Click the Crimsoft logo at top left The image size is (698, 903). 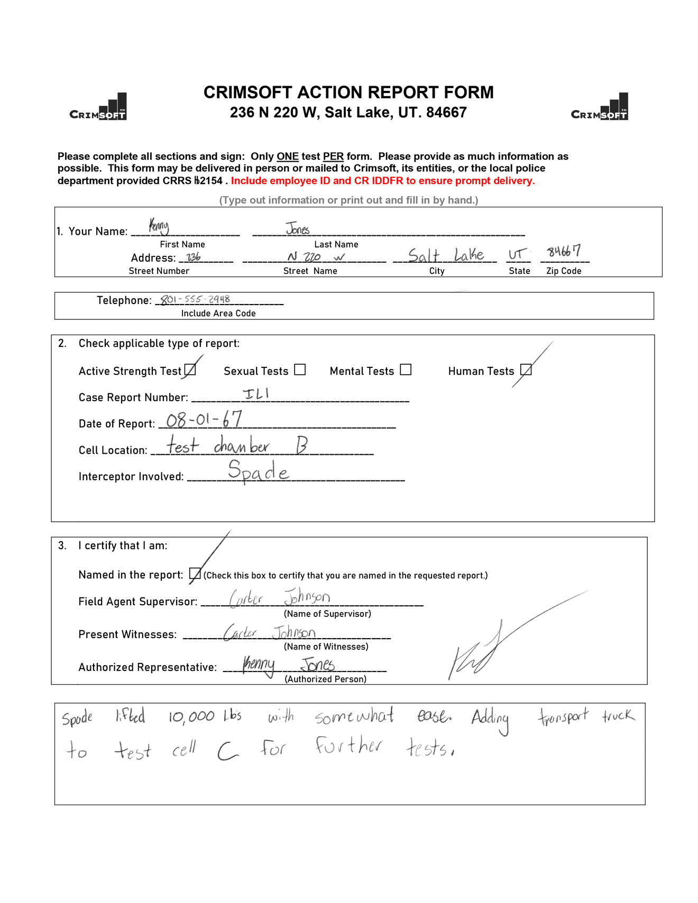98,108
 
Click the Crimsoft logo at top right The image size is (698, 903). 600,108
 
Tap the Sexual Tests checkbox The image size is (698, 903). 300,370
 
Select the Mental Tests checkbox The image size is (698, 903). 406,370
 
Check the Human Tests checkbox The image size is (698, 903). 526,370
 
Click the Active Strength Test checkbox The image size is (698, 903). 190,370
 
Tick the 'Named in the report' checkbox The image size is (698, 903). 195,574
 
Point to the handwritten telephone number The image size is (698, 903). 195,299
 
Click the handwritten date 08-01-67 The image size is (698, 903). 204,420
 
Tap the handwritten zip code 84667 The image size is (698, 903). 564,251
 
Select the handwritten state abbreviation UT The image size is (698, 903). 517,254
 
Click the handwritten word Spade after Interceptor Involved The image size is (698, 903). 259,471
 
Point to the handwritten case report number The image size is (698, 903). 256,393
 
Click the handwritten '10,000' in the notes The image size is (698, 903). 191,717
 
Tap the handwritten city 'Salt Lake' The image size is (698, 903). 446,255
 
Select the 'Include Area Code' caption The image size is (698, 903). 218,314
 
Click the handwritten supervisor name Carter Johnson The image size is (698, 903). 280,598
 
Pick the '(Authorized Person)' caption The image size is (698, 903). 325,679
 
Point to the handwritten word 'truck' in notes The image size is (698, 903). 618,716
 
